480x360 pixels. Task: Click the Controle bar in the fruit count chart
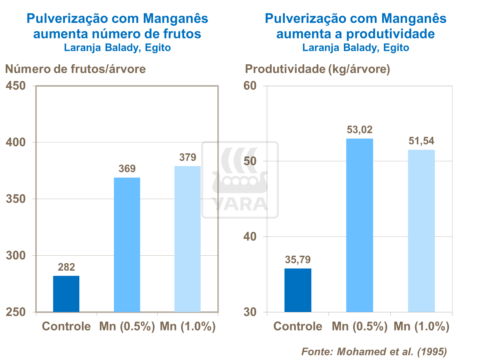point(66,294)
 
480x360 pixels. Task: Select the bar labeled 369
point(127,245)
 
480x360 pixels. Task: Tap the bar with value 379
point(188,239)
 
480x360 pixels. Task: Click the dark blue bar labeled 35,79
point(298,290)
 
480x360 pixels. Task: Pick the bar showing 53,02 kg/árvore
point(360,225)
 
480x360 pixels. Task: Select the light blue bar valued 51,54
point(421,231)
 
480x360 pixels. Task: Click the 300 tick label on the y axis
point(16,255)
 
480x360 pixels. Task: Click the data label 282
point(66,267)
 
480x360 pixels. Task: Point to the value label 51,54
point(421,141)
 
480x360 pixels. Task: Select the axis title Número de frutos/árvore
point(76,69)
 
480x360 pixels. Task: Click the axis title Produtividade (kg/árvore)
point(317,69)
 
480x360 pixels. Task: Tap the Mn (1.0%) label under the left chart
point(188,326)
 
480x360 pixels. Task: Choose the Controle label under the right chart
point(298,326)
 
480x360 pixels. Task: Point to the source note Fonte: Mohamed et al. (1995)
point(374,351)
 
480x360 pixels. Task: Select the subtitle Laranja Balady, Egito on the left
point(117,48)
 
